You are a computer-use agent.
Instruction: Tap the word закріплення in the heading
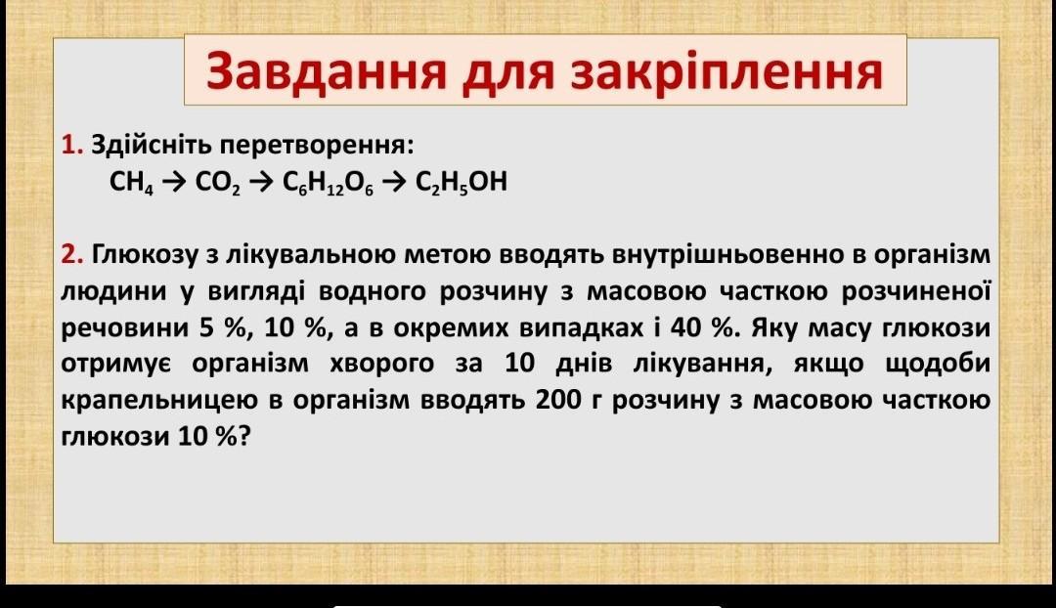tap(726, 71)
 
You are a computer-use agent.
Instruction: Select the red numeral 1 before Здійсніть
tap(70, 144)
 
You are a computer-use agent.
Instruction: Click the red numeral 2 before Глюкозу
tap(71, 254)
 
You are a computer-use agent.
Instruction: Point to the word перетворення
tap(317, 146)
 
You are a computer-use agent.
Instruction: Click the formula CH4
tap(131, 182)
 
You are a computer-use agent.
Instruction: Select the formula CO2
tap(217, 182)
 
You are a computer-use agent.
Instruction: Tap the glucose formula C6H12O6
tap(328, 182)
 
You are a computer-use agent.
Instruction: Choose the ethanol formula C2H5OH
tap(462, 182)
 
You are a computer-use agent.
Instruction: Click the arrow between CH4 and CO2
tap(174, 182)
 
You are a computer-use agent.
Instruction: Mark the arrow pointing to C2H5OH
tap(394, 182)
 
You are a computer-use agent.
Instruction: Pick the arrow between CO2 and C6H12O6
tap(261, 182)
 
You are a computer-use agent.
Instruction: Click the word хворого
tap(382, 365)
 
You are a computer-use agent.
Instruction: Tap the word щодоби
tap(937, 365)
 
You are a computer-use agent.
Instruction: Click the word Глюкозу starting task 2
tap(146, 256)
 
